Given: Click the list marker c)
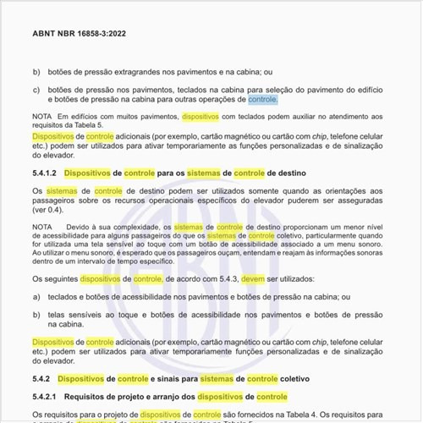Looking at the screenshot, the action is click(x=36, y=89).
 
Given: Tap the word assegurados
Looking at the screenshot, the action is click(x=362, y=201).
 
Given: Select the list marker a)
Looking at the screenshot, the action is click(x=36, y=297).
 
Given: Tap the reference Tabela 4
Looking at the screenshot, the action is click(x=289, y=415).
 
